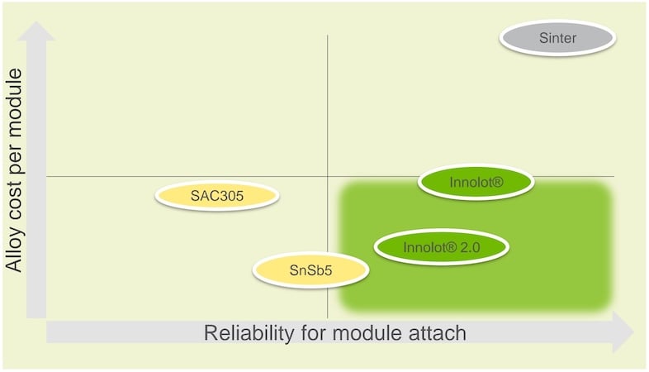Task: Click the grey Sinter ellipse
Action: pyautogui.click(x=557, y=38)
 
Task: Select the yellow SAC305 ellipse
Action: pyautogui.click(x=217, y=196)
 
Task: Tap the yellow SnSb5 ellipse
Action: pyautogui.click(x=310, y=270)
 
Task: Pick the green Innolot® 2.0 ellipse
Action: pyautogui.click(x=442, y=247)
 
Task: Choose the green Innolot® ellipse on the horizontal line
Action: pyautogui.click(x=476, y=182)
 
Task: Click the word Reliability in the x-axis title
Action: pyautogui.click(x=249, y=333)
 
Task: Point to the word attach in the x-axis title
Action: pyautogui.click(x=438, y=333)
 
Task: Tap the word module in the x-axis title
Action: pyautogui.click(x=368, y=333)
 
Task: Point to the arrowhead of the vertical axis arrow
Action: pyautogui.click(x=36, y=31)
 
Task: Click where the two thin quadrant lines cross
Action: pyautogui.click(x=328, y=176)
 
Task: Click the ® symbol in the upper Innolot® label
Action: pyautogui.click(x=497, y=182)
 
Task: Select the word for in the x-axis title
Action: pyautogui.click(x=314, y=333)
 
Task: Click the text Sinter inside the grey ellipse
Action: pyautogui.click(x=557, y=38)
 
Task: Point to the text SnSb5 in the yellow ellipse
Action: pyautogui.click(x=310, y=270)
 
